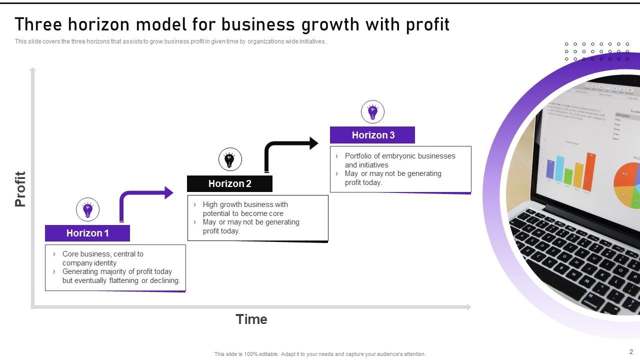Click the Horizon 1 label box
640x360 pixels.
(87, 233)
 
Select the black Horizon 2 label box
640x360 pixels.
(229, 183)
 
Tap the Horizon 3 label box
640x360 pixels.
(372, 135)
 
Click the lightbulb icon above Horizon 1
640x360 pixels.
(87, 209)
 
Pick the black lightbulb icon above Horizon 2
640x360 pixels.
(230, 160)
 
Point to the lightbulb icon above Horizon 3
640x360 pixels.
(372, 111)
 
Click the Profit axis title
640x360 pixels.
(20, 189)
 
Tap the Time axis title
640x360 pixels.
(251, 319)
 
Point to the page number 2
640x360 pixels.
(631, 351)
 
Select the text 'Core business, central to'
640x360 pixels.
(102, 254)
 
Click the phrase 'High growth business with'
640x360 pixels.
(245, 204)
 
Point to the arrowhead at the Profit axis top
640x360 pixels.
(33, 70)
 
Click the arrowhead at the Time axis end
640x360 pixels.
(468, 307)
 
